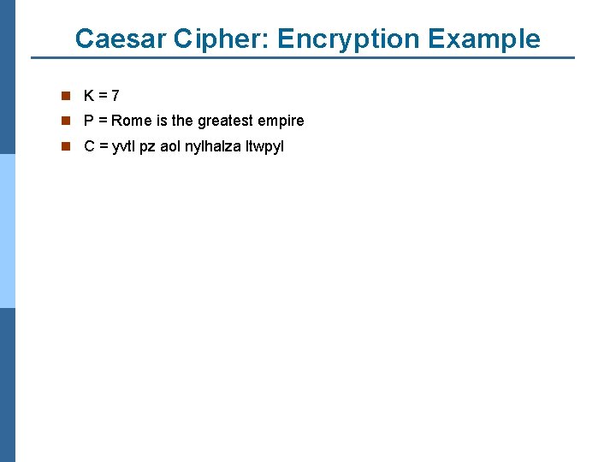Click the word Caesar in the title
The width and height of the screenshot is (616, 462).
119,38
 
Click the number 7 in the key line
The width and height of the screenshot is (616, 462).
115,96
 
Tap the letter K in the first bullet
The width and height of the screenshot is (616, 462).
89,96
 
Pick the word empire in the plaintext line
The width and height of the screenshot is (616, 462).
281,121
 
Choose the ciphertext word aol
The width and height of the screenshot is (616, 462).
170,146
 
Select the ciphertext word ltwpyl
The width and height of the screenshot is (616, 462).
264,146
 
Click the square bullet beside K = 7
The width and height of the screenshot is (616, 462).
65,96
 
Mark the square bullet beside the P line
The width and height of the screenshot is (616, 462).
65,121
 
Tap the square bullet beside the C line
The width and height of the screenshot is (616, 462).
65,146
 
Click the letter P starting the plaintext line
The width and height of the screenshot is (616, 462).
89,121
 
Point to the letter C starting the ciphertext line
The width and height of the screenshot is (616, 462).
89,146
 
